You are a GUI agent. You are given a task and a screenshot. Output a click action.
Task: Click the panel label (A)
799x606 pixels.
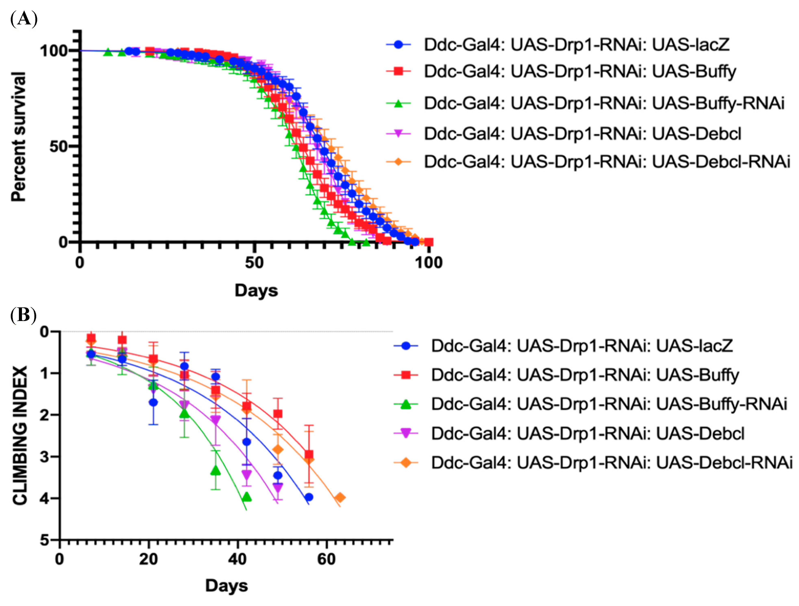[x=24, y=19]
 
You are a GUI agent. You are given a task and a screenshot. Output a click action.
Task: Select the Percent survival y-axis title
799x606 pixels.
[x=19, y=136]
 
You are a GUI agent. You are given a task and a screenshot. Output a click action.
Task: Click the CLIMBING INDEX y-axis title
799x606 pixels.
[x=20, y=436]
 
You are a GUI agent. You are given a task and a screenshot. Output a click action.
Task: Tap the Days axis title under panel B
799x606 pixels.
[x=226, y=585]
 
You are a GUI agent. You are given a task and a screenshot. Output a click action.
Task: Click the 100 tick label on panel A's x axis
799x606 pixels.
[x=428, y=263]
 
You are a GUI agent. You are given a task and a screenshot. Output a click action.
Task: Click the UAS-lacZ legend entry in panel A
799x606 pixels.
[x=576, y=44]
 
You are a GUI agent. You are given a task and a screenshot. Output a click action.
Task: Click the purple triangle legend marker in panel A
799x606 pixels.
[x=398, y=134]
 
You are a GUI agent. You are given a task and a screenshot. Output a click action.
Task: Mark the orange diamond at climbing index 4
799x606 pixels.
[x=340, y=498]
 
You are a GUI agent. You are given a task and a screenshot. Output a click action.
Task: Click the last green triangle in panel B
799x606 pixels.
[x=247, y=497]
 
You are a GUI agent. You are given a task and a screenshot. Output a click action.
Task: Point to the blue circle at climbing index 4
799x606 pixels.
[x=309, y=497]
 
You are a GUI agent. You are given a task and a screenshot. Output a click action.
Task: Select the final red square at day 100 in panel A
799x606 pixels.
[x=428, y=242]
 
